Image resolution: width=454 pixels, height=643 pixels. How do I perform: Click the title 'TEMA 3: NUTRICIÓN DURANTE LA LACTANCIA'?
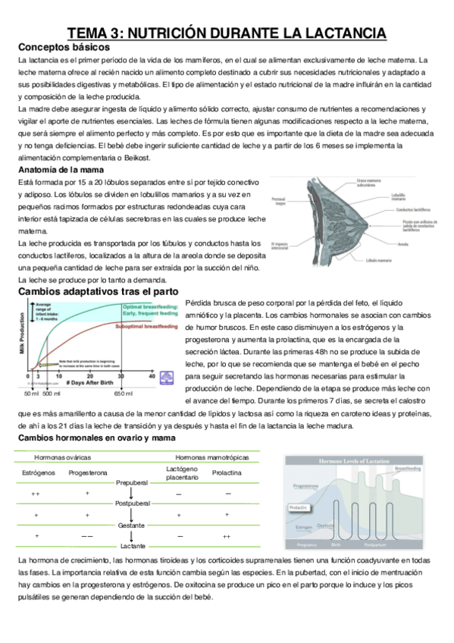(227, 33)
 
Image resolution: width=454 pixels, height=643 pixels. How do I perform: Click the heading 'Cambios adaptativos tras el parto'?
(98, 291)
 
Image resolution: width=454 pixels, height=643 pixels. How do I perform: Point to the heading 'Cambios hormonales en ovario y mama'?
(93, 438)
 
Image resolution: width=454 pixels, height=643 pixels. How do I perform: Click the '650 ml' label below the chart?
(124, 394)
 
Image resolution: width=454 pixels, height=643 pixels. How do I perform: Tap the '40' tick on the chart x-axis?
(152, 375)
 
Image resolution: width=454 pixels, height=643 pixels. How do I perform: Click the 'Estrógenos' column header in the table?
(36, 472)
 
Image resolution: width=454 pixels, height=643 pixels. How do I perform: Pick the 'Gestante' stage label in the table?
(132, 525)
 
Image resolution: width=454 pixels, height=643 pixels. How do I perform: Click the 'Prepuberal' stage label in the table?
(132, 482)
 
